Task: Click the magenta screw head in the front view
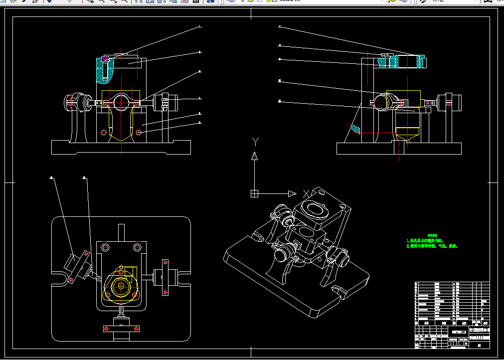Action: coord(105,59)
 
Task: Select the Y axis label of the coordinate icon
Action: coord(255,141)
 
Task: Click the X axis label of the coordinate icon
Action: coord(306,193)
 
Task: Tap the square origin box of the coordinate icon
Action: coord(254,193)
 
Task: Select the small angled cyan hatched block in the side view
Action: coord(355,129)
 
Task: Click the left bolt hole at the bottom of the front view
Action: coord(104,132)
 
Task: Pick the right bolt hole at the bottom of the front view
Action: coord(139,132)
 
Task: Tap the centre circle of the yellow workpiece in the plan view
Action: coord(120,286)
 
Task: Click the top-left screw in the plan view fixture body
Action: coord(105,247)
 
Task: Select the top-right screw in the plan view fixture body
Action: coord(137,247)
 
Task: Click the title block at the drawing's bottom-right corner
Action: coord(452,315)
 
